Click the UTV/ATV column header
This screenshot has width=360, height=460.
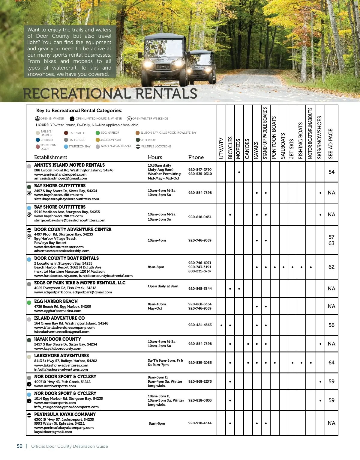(x=221, y=148)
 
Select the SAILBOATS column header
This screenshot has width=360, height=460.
(x=283, y=146)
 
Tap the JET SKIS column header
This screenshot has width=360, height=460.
(x=292, y=149)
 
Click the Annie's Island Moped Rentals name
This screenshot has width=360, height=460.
(x=69, y=165)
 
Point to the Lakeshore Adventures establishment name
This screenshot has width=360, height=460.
(x=61, y=356)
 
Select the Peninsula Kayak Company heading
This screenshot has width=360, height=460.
(x=65, y=414)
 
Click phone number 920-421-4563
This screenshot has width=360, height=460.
(x=200, y=325)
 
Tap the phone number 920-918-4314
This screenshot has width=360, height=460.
(x=200, y=423)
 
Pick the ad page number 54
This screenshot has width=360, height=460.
(x=331, y=172)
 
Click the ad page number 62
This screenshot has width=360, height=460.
(x=331, y=267)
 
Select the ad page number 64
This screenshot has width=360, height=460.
(x=331, y=363)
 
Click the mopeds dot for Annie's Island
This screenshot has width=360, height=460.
(x=239, y=172)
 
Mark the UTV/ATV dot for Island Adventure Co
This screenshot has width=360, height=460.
(x=221, y=325)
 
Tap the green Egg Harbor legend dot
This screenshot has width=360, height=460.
(x=98, y=133)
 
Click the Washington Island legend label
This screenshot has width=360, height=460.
(x=115, y=146)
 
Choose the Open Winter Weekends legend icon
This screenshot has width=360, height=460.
(x=129, y=119)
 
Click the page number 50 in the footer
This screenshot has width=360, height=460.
(x=19, y=446)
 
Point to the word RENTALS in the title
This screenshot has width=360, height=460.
(x=166, y=94)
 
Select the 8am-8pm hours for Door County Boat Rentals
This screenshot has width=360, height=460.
(x=156, y=267)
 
